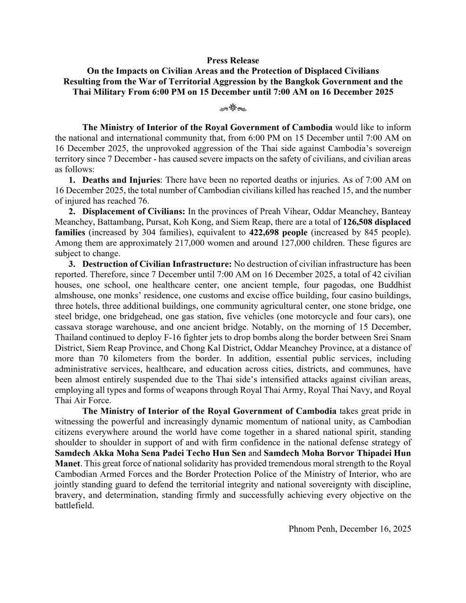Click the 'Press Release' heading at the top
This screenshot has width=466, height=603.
233,60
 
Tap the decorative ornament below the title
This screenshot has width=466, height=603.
233,108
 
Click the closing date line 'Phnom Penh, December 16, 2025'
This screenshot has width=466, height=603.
350,529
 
